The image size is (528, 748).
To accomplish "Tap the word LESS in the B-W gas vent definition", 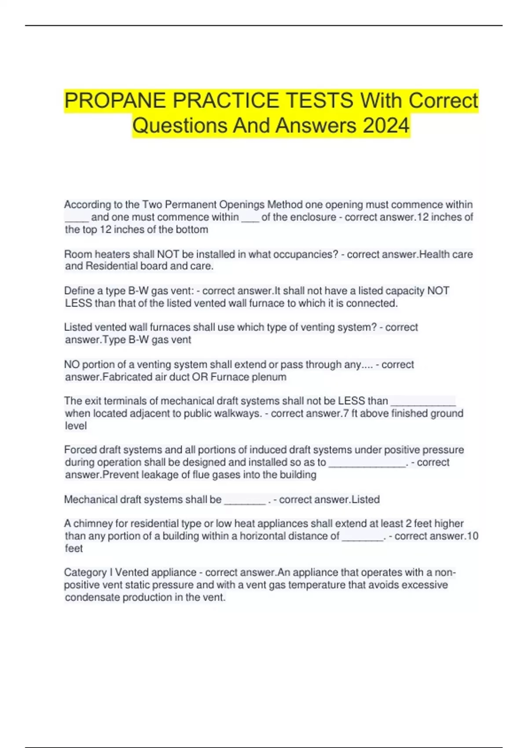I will (x=78, y=303).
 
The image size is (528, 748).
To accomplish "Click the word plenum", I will (x=269, y=377).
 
